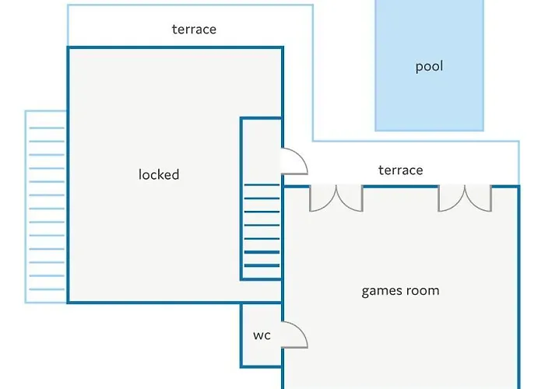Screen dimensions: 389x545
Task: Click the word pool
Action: point(429,67)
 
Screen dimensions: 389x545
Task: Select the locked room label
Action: point(159,174)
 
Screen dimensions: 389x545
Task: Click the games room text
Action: point(400,291)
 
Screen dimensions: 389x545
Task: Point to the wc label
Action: point(262,335)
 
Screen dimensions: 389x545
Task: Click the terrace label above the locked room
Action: point(194,30)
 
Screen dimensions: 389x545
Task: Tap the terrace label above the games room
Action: point(400,170)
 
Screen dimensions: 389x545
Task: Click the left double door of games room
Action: point(336,198)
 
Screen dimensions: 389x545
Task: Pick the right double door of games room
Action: point(465,198)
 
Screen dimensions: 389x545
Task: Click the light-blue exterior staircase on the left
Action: point(46,206)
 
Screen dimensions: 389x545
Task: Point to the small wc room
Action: point(261,335)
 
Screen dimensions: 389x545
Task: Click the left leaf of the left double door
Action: point(322,198)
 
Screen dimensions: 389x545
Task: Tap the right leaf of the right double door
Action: point(478,198)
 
